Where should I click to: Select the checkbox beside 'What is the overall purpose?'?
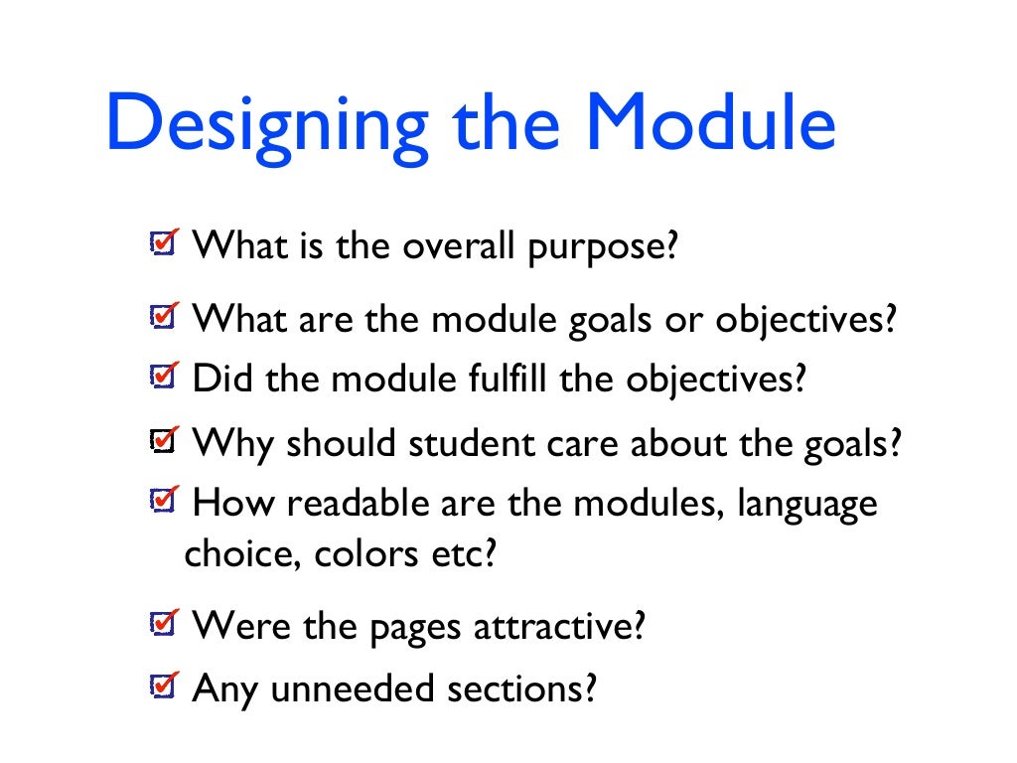pyautogui.click(x=160, y=243)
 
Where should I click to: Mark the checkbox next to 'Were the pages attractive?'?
pyautogui.click(x=160, y=624)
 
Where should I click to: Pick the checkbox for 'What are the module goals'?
pyautogui.click(x=160, y=317)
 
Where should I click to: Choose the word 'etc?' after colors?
pyautogui.click(x=463, y=554)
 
